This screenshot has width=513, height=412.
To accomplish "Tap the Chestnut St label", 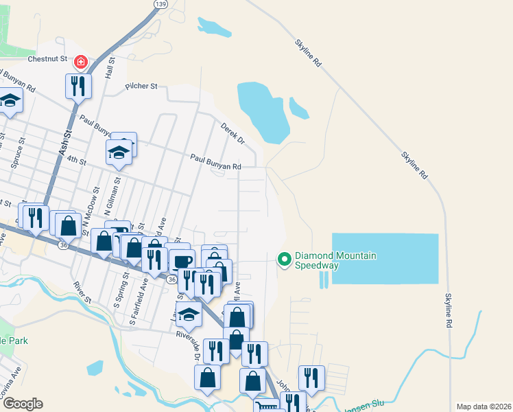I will coord(47,59).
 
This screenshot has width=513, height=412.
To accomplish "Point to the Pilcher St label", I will coord(141,87).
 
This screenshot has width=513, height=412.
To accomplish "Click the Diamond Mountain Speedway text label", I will coord(336,260).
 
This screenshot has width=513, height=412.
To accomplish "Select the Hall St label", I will coord(108,69).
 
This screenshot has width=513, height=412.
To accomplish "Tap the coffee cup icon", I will coord(182,262).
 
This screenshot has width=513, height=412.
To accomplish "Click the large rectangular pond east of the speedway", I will coord(385,258).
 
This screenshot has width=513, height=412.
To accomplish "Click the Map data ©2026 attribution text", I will coord(483,407).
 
